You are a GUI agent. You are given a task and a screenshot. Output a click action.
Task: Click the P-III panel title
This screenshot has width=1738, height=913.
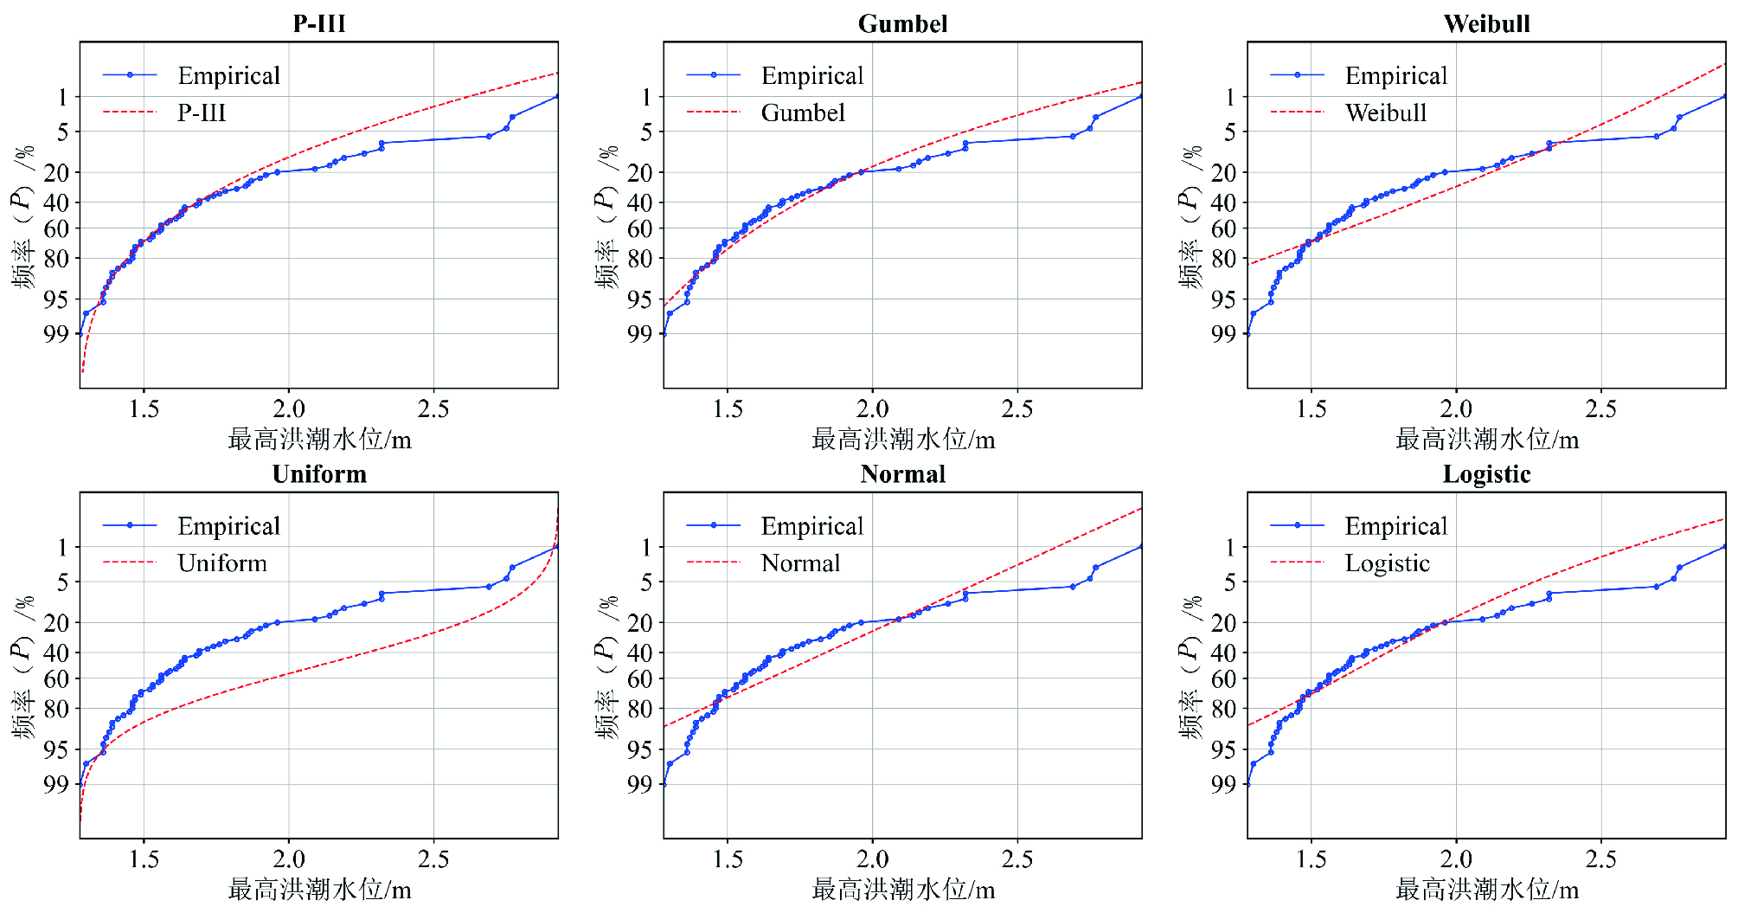(x=319, y=23)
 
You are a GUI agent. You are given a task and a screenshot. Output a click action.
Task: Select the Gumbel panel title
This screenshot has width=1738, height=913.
(x=902, y=23)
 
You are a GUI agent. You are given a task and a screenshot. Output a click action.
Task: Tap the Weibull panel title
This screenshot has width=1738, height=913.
(x=1486, y=23)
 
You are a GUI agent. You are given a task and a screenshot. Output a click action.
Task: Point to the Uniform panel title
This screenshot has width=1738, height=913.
(x=319, y=474)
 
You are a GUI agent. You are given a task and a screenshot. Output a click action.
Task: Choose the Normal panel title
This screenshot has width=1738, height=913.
(x=902, y=474)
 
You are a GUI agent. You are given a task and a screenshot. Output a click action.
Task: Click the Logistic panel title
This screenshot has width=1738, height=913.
(x=1486, y=474)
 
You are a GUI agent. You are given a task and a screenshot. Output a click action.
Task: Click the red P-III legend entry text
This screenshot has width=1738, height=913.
(x=202, y=113)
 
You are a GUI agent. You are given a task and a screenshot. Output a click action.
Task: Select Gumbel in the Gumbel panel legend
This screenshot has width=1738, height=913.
(x=803, y=113)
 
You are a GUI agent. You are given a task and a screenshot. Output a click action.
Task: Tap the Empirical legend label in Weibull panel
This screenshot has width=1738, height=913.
(x=1395, y=76)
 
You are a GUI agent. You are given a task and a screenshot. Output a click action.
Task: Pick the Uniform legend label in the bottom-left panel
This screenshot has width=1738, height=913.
(x=222, y=563)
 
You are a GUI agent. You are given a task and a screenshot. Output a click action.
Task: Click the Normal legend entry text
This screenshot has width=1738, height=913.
(x=800, y=563)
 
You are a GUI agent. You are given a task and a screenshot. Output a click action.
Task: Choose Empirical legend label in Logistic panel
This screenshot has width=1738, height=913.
(x=1395, y=526)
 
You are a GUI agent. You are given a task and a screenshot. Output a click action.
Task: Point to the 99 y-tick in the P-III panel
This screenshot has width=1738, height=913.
(x=56, y=334)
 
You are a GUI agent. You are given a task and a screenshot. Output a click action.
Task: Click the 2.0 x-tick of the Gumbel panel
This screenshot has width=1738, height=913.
(x=872, y=408)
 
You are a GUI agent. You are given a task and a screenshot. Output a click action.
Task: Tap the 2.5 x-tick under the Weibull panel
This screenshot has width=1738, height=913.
(x=1600, y=408)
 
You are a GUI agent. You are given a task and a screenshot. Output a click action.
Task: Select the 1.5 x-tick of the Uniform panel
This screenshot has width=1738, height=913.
(x=144, y=859)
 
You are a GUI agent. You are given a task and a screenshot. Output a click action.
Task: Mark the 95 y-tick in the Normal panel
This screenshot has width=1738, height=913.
(x=640, y=749)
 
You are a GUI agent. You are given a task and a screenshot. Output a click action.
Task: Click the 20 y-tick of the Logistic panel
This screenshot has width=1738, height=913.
(x=1223, y=623)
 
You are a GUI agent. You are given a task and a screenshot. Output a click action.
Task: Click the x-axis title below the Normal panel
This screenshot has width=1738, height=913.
(x=903, y=890)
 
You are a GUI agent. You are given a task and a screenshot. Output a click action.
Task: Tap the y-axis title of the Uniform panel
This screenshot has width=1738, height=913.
(x=23, y=665)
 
